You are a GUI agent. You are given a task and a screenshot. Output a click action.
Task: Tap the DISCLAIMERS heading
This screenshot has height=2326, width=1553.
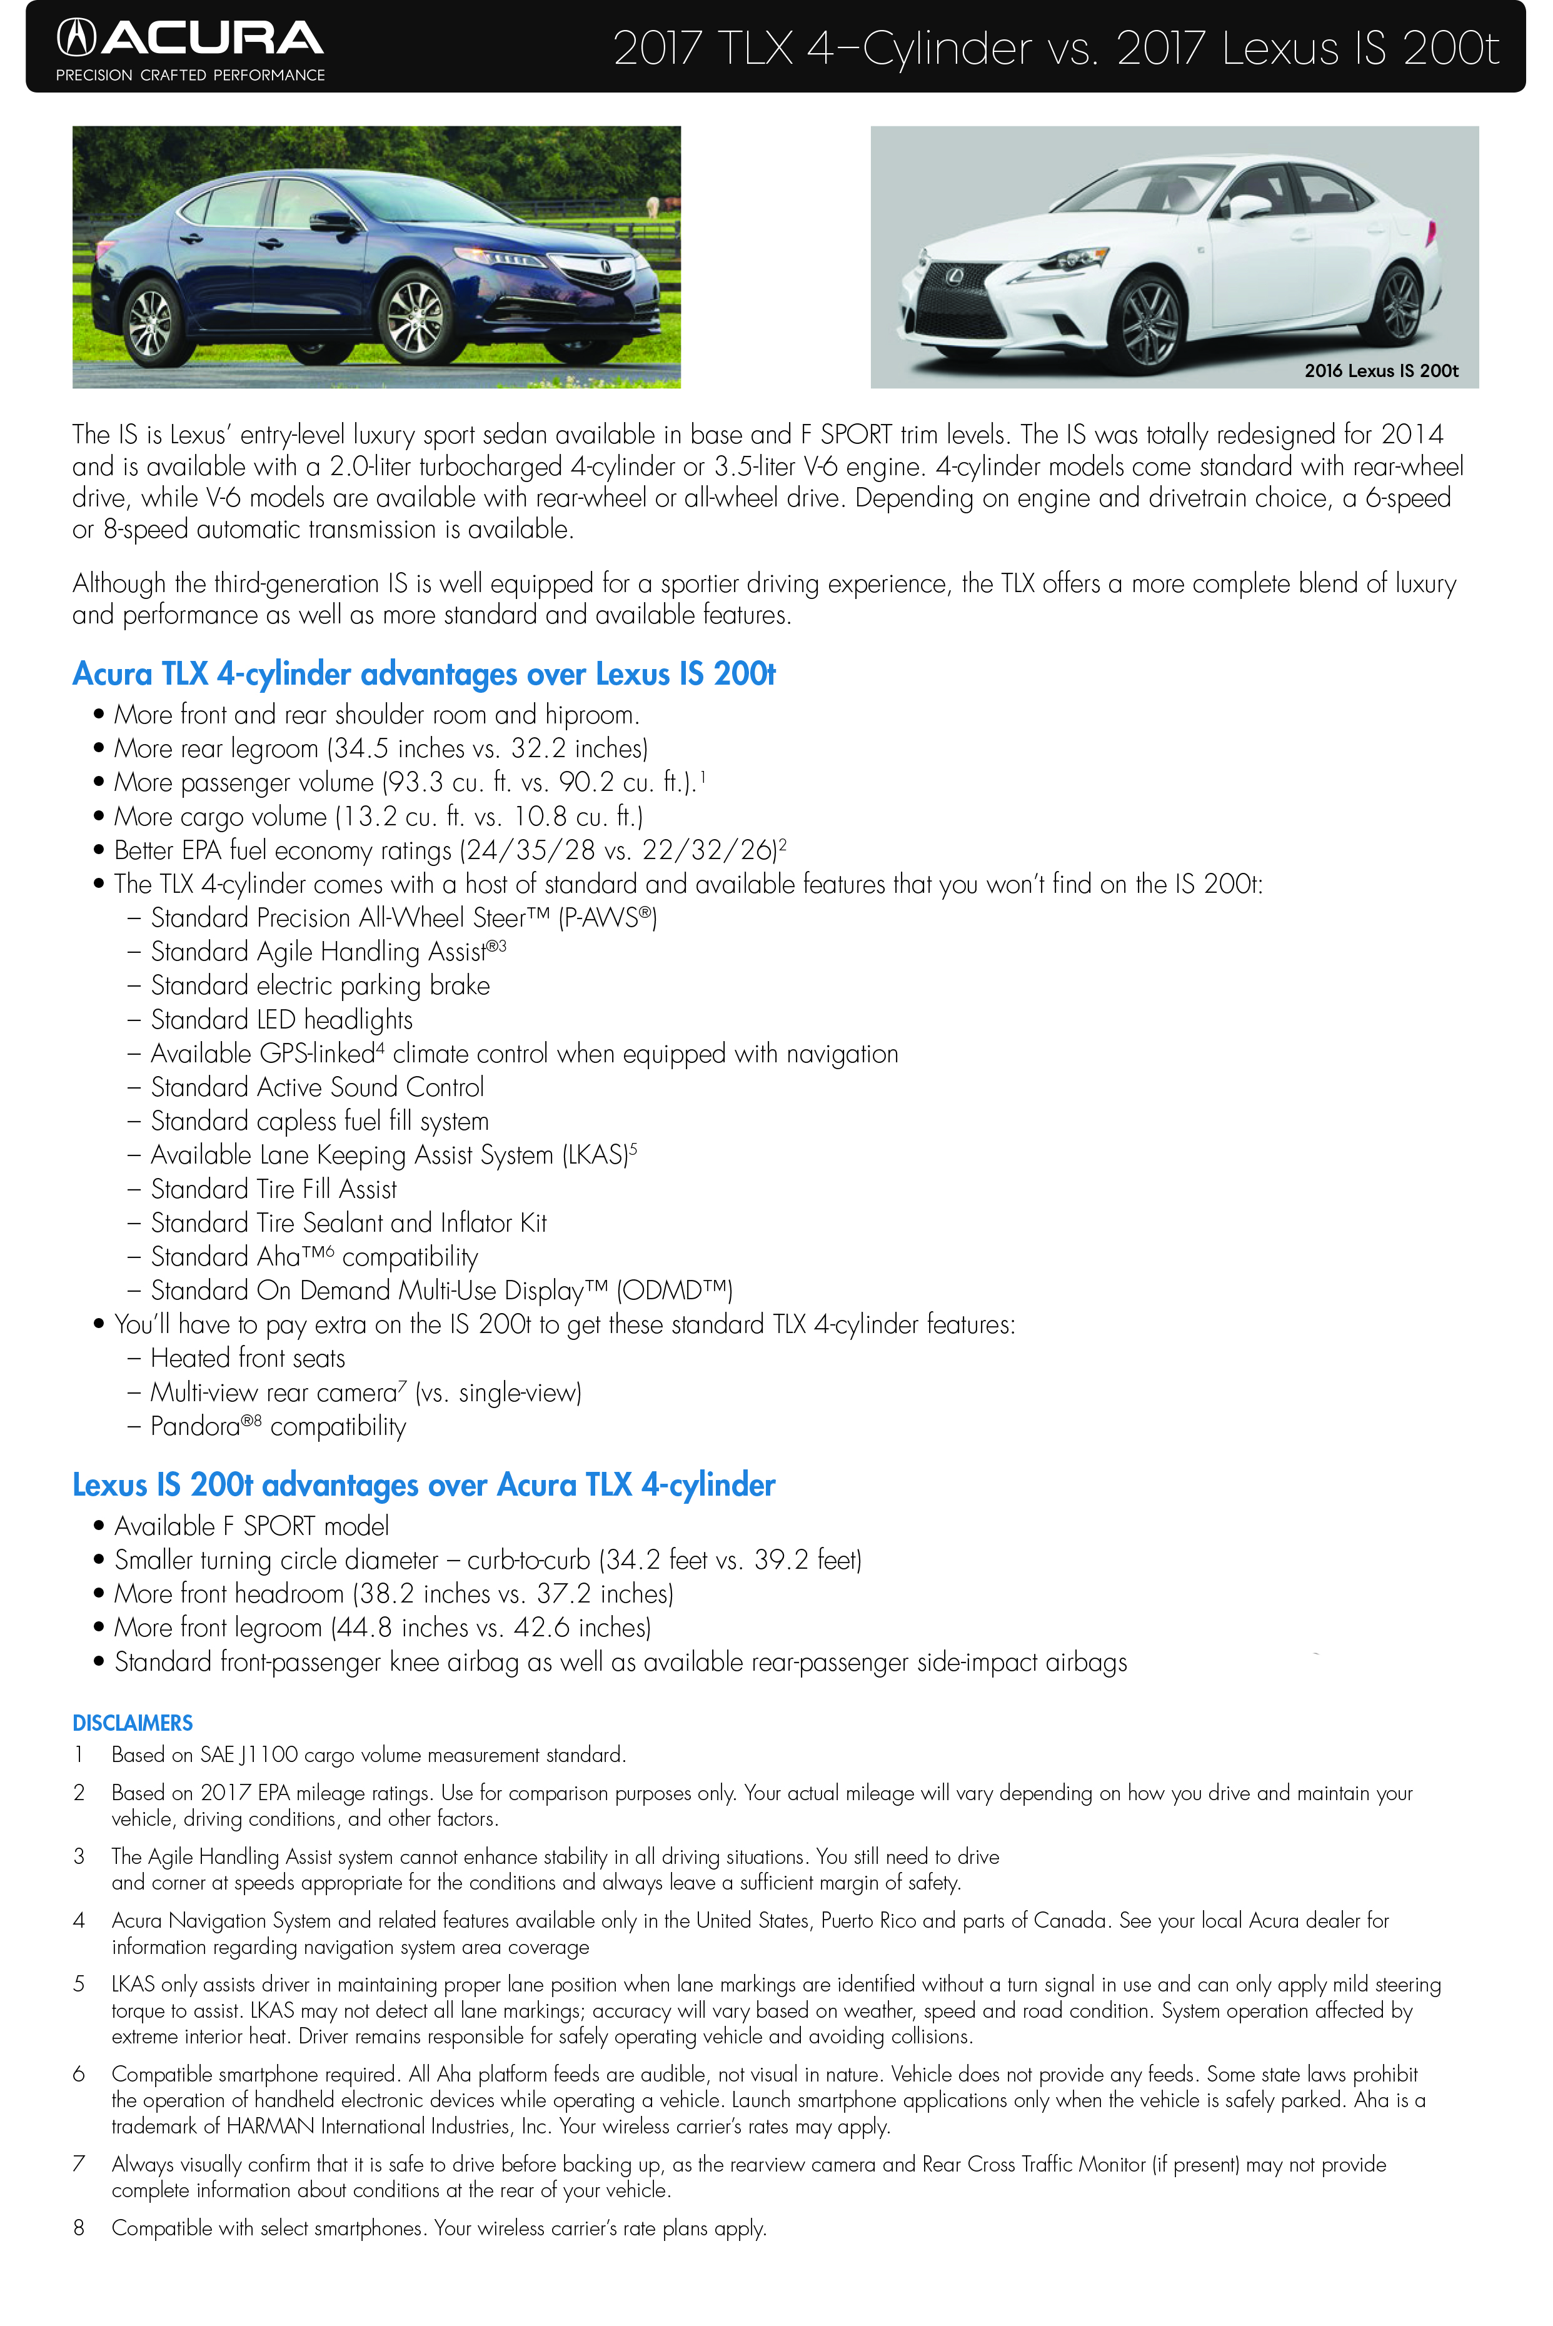tap(132, 1723)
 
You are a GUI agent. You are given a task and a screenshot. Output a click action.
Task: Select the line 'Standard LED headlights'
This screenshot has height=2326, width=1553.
tap(281, 1019)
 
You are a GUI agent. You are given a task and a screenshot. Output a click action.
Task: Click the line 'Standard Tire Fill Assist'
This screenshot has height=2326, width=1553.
tap(273, 1189)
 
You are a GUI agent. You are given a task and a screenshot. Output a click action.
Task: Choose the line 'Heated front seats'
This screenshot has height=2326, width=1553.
tap(248, 1358)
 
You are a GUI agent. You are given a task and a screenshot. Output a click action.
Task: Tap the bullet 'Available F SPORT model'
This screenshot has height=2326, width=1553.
tap(251, 1526)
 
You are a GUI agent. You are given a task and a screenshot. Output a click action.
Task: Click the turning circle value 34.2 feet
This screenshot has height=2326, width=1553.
tap(656, 1560)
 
